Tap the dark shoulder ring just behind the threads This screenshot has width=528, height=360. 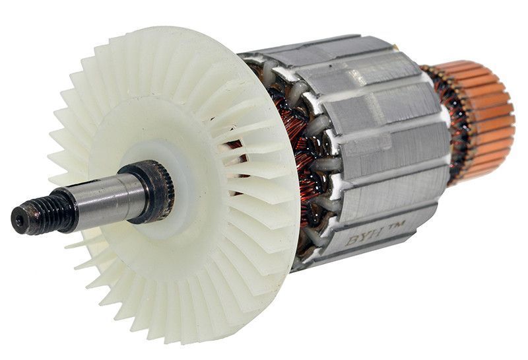pos(67,210)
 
